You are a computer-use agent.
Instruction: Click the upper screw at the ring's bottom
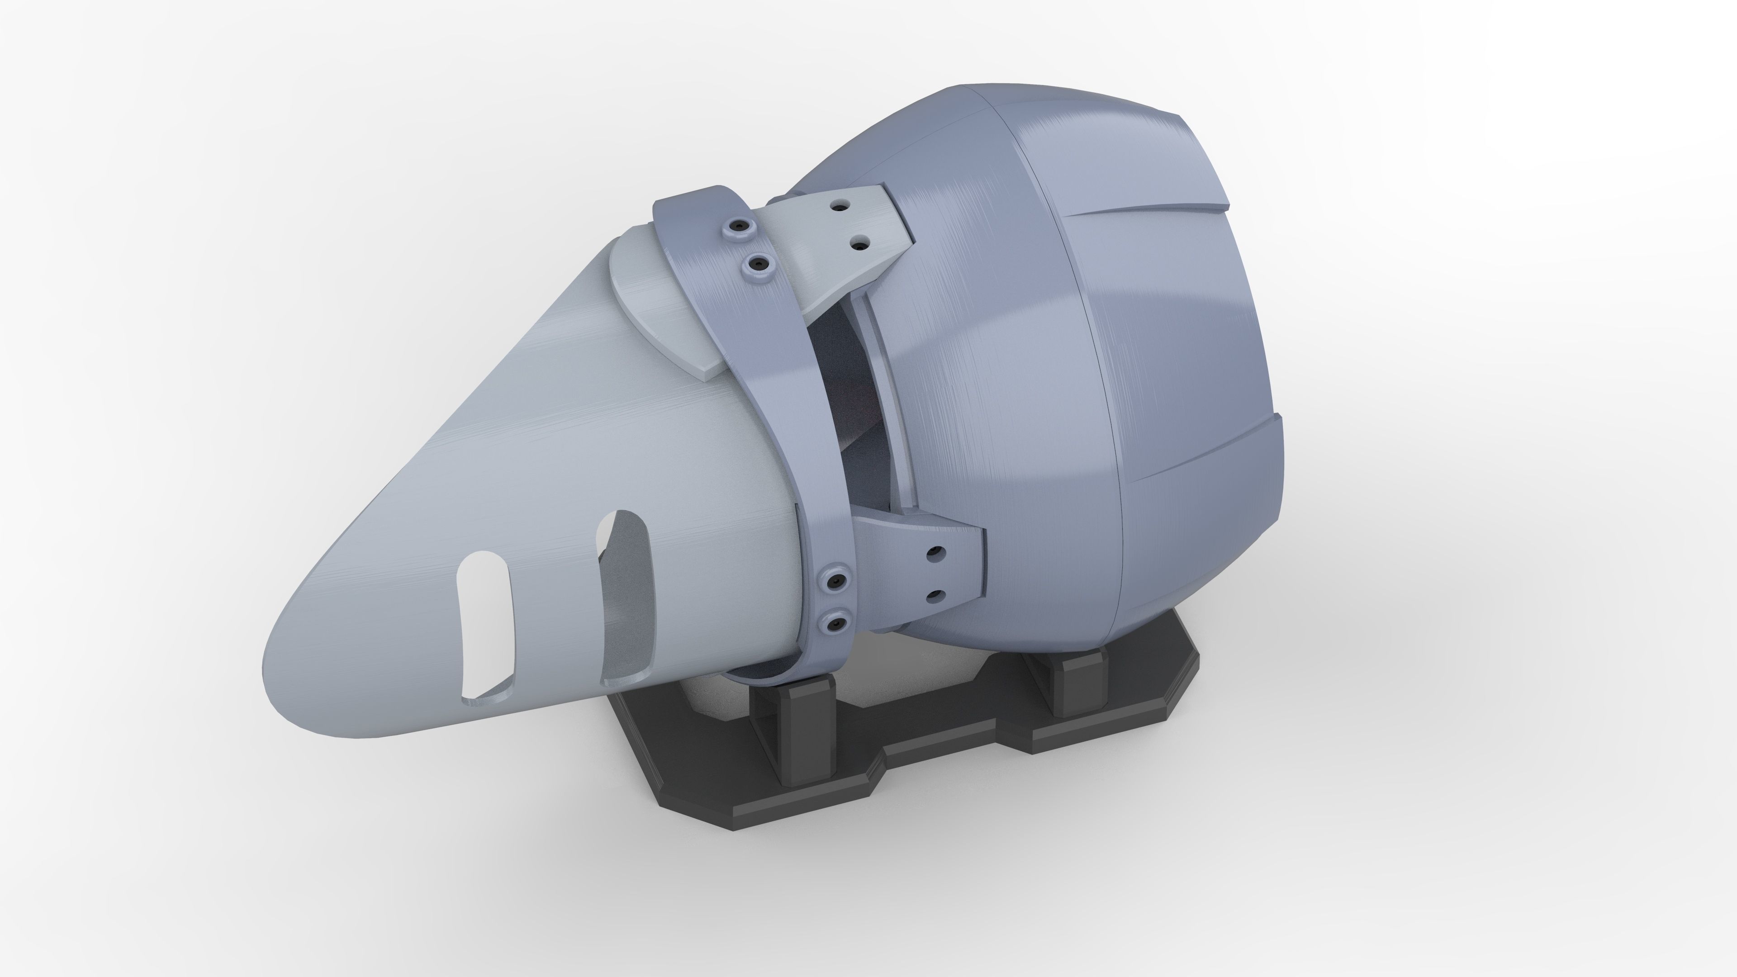tap(837, 580)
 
